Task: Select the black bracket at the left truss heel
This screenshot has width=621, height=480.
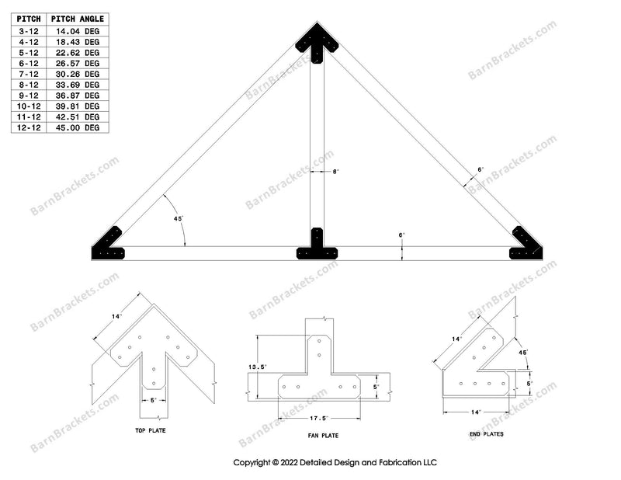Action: tap(109, 244)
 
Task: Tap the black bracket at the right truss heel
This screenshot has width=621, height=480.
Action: tap(526, 244)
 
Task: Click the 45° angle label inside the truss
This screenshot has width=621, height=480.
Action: tap(178, 220)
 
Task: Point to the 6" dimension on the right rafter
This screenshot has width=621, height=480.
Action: tap(480, 169)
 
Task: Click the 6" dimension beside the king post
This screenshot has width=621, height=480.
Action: tap(335, 172)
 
